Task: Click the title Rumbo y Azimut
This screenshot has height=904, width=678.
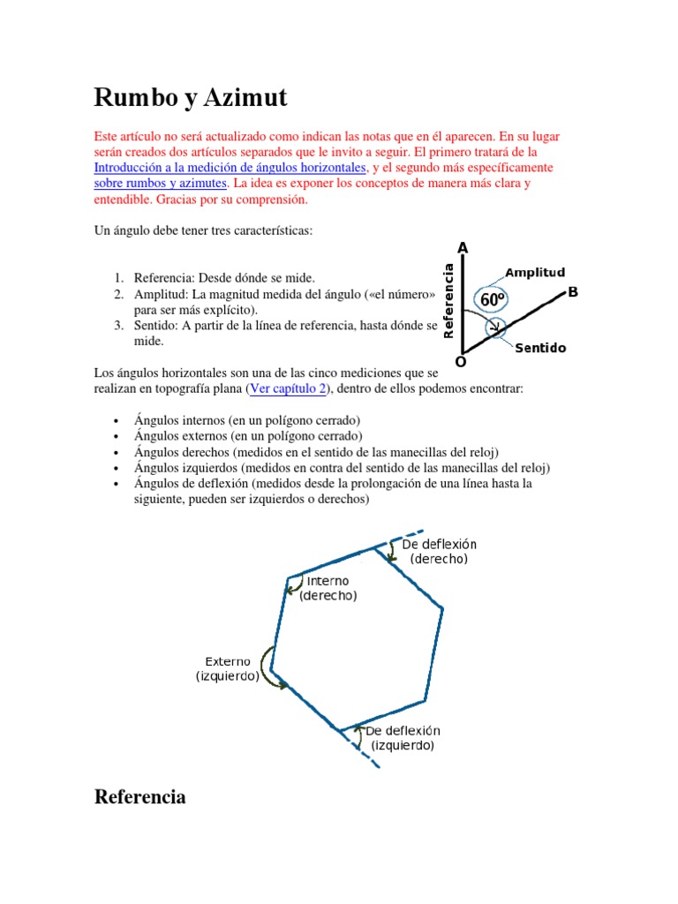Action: point(191,98)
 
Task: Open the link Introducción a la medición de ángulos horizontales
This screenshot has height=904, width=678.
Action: point(230,167)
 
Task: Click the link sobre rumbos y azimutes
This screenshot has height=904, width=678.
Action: point(161,184)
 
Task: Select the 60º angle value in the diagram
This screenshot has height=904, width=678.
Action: point(493,300)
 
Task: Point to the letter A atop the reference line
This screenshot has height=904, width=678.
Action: point(463,248)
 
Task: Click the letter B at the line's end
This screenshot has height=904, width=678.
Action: point(573,291)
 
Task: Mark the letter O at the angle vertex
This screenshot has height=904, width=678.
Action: point(460,362)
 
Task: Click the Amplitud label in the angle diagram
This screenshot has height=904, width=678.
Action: point(535,273)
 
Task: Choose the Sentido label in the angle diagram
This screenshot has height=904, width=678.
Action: point(539,349)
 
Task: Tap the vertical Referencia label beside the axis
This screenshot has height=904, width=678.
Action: point(448,301)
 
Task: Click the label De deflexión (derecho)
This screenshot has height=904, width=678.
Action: point(439,552)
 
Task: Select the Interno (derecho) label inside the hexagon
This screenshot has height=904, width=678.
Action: point(328,588)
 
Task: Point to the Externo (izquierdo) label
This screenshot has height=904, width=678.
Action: point(228,668)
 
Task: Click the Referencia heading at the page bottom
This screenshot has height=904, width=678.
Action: point(139,797)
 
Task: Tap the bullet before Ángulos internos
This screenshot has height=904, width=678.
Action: point(117,420)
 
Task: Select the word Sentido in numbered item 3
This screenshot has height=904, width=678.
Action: point(156,326)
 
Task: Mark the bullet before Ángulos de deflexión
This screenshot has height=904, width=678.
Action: point(117,484)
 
